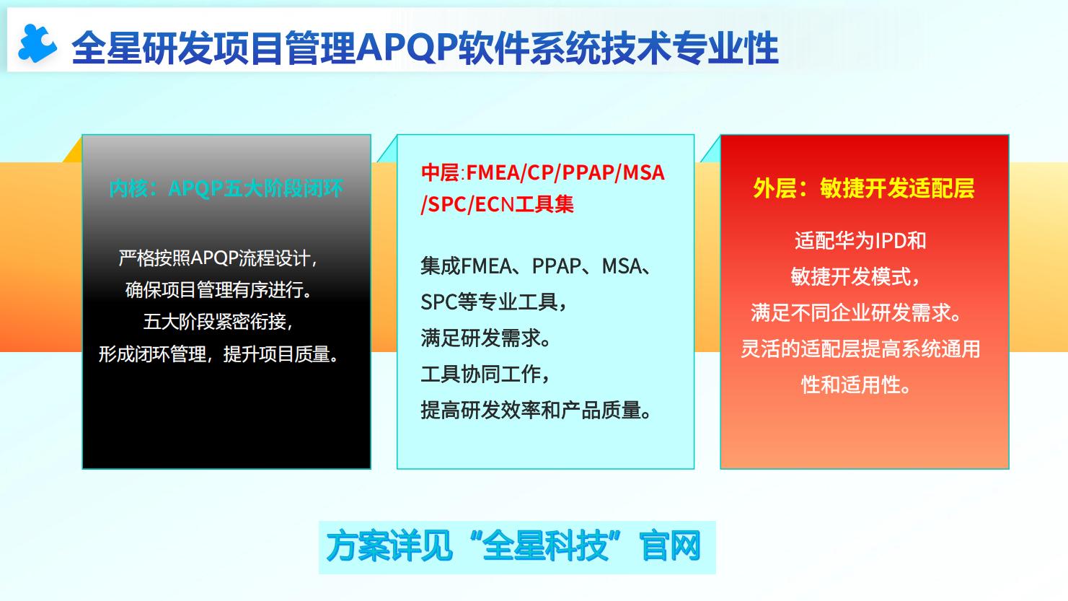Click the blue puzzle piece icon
(37, 44)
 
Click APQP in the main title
(407, 48)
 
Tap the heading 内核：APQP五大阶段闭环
(226, 188)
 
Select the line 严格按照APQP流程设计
(218, 258)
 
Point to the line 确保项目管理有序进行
(218, 289)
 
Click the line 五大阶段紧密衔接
(218, 322)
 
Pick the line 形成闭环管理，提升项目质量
(218, 354)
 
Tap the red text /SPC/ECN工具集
(497, 204)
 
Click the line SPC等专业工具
(493, 302)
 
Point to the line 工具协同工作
(485, 374)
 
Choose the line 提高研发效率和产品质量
(536, 411)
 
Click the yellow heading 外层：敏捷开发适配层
(864, 188)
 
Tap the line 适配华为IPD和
(860, 240)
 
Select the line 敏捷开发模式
(855, 276)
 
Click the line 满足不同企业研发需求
(856, 313)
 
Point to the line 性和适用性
(856, 385)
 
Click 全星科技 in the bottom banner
(545, 547)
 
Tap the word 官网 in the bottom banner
(671, 547)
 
